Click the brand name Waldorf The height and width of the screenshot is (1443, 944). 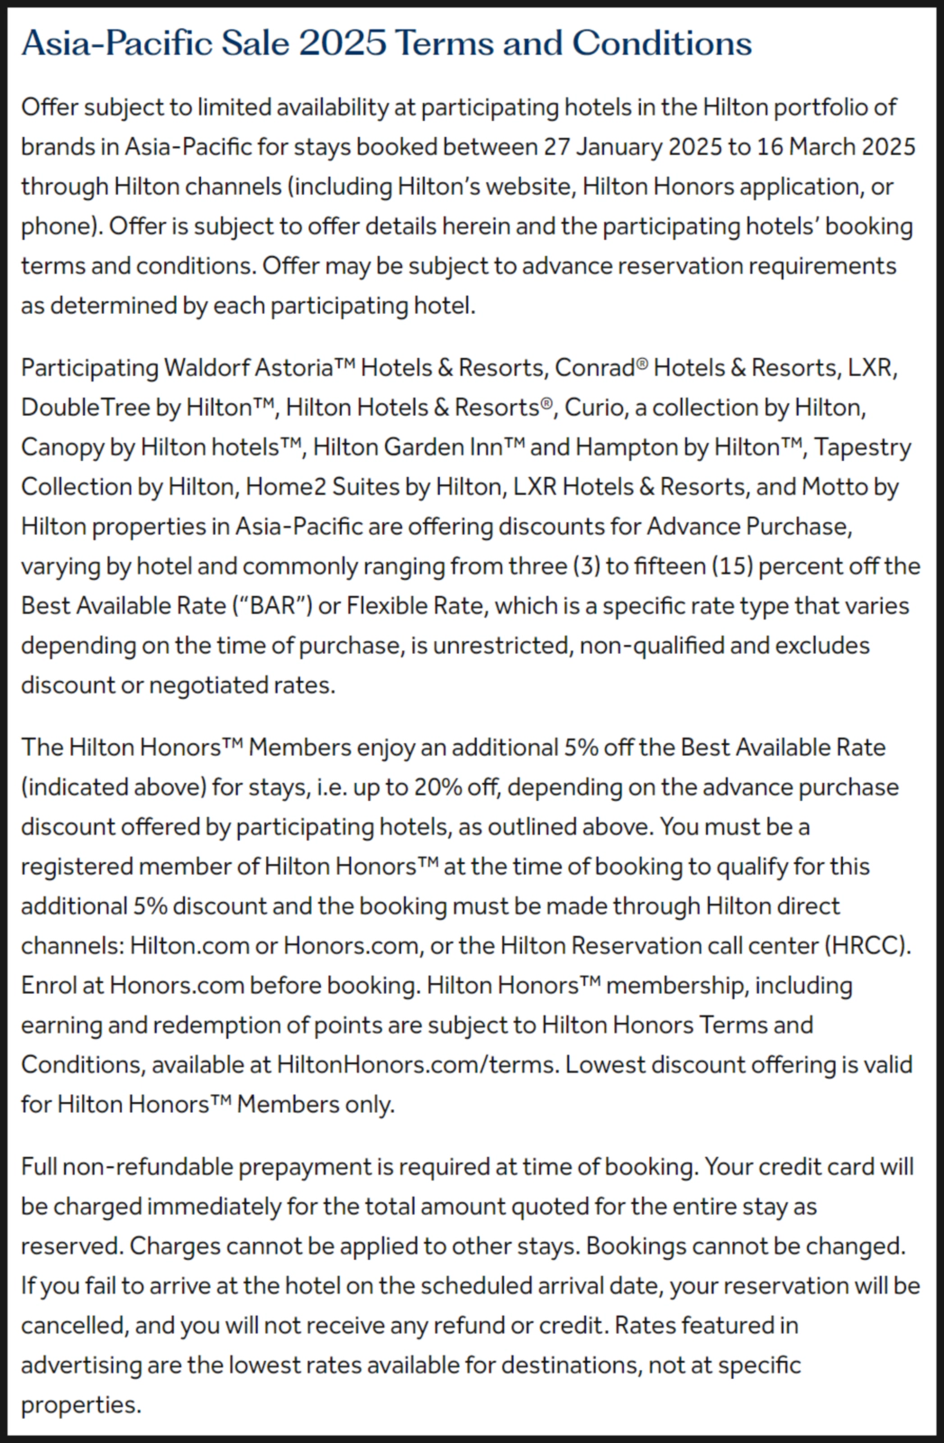pyautogui.click(x=206, y=367)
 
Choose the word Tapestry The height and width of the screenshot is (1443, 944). pyautogui.click(x=863, y=446)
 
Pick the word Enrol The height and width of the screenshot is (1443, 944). pyautogui.click(x=50, y=985)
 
